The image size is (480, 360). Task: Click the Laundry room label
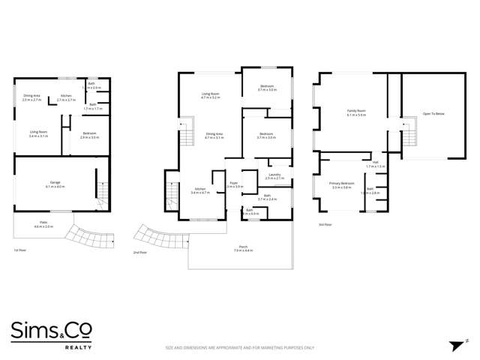pos(274,176)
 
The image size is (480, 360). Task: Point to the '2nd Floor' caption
pos(139,253)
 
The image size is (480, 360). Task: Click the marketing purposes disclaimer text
pos(239,347)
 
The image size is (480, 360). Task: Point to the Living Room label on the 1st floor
pos(38,134)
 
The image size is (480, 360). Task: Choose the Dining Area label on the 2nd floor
pos(214,135)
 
